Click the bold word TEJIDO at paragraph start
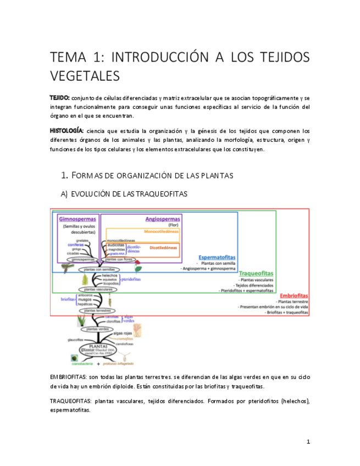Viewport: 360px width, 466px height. pyautogui.click(x=60, y=97)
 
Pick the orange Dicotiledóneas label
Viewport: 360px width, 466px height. pyautogui.click(x=163, y=248)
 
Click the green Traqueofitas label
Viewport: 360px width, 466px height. pyautogui.click(x=256, y=273)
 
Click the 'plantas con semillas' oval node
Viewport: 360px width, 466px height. pyautogui.click(x=100, y=269)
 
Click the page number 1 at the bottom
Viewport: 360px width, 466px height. pyautogui.click(x=308, y=442)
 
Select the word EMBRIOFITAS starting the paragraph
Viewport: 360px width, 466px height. pyautogui.click(x=68, y=377)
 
